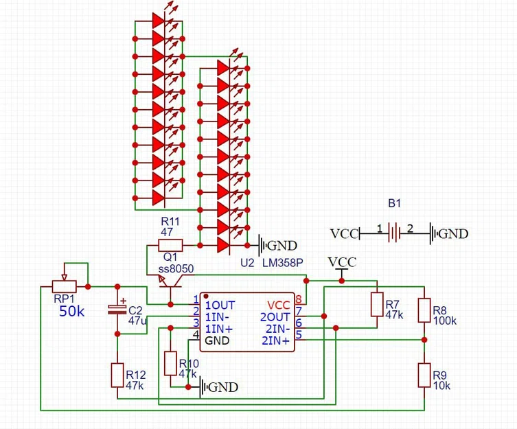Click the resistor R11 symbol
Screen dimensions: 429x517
(x=170, y=245)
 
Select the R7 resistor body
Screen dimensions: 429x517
(x=376, y=304)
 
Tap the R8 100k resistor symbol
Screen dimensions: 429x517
(x=424, y=310)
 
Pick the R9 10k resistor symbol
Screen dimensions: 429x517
(x=424, y=376)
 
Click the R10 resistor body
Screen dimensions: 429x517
(x=171, y=363)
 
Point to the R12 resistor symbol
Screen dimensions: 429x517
(x=117, y=375)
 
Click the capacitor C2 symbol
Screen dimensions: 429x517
(x=117, y=310)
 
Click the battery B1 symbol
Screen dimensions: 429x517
(x=393, y=233)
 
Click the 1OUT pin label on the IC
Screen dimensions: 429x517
(x=220, y=304)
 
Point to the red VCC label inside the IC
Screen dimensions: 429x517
(x=278, y=304)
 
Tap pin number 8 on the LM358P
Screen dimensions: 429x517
(x=299, y=299)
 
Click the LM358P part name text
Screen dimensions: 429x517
(x=283, y=263)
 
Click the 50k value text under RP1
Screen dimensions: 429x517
(x=71, y=311)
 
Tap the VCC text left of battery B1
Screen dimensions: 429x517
(x=344, y=234)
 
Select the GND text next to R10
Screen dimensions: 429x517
(x=223, y=388)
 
